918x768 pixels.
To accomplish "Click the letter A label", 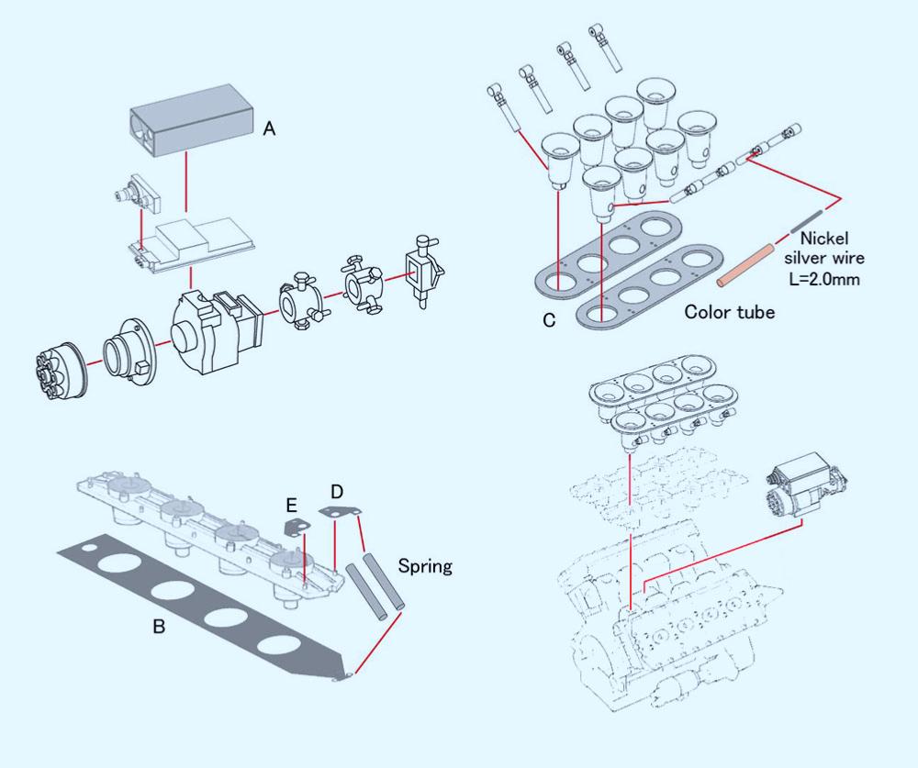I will coord(269,130).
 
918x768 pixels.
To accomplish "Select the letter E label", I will coord(292,505).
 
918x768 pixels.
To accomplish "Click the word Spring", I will coord(425,566).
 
